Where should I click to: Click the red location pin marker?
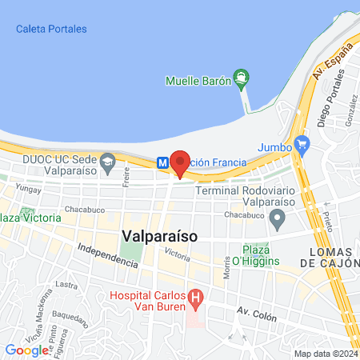click(179, 162)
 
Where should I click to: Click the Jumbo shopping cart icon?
click(302, 145)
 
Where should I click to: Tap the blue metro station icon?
click(162, 162)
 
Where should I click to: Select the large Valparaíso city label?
click(161, 236)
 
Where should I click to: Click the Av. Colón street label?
click(256, 312)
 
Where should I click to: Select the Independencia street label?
click(108, 255)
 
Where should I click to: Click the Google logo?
click(26, 350)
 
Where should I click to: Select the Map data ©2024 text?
click(325, 354)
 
